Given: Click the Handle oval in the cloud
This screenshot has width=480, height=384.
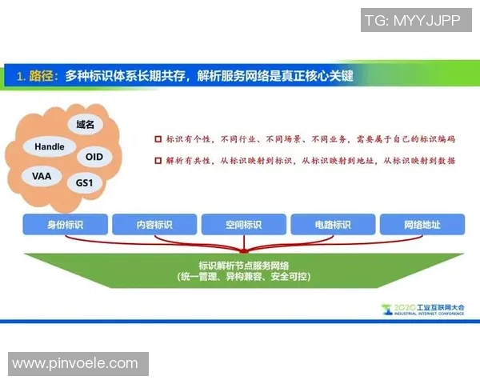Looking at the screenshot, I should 50,147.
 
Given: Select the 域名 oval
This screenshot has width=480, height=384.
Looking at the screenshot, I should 85,126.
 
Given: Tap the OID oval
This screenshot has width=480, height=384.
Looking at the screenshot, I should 94,157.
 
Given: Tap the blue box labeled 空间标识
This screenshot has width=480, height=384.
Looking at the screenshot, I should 242,225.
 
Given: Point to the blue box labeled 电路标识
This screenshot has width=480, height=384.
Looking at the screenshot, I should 331,225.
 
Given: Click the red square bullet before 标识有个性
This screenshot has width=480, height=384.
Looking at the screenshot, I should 158,139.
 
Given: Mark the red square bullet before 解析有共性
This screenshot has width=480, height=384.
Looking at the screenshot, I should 158,161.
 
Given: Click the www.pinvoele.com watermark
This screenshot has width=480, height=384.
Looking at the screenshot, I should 75,363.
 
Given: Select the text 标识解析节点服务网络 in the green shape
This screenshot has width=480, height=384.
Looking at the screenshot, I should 242,265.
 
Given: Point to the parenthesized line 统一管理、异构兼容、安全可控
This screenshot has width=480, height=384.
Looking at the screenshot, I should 242,277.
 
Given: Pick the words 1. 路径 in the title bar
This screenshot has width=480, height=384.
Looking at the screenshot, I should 36,76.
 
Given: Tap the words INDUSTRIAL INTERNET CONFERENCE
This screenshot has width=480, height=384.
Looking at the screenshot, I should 425,314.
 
